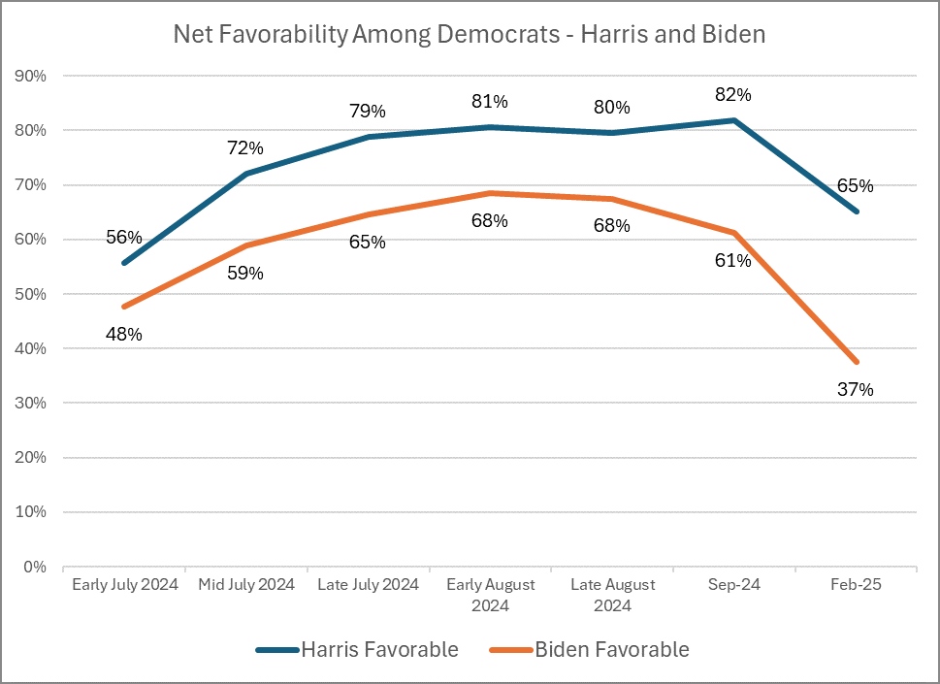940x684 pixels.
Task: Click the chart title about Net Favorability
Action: click(470, 35)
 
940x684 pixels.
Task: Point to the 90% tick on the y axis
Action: click(34, 76)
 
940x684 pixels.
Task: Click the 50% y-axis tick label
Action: click(34, 294)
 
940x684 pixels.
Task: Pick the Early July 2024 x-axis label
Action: click(124, 585)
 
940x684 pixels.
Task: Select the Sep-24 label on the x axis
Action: click(734, 585)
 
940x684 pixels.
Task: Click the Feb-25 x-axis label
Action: click(856, 585)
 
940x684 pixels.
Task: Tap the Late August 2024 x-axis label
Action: click(612, 595)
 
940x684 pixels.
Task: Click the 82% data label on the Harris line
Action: click(733, 95)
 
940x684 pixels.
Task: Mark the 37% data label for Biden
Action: click(856, 390)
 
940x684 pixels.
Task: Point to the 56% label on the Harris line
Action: click(124, 238)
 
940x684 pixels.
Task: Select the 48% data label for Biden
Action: click(124, 335)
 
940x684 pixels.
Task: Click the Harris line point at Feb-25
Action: click(856, 212)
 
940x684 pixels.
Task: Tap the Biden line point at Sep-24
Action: click(734, 233)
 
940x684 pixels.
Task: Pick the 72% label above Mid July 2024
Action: click(245, 148)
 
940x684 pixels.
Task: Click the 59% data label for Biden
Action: click(245, 274)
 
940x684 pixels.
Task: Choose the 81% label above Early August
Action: click(490, 101)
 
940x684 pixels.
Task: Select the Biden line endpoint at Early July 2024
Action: click(124, 307)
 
